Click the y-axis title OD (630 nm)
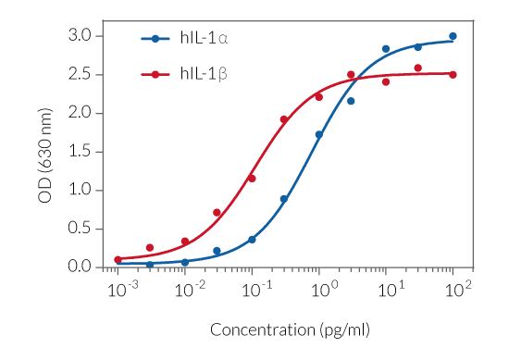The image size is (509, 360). [45, 151]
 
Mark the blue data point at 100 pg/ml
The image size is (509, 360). [453, 36]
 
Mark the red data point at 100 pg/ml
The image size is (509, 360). [453, 74]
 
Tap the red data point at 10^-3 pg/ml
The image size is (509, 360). [118, 260]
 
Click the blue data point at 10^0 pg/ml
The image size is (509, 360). [319, 134]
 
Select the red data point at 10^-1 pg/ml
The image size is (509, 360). [252, 178]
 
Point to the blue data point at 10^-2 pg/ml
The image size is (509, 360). [185, 262]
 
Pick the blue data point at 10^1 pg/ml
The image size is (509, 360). [386, 49]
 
